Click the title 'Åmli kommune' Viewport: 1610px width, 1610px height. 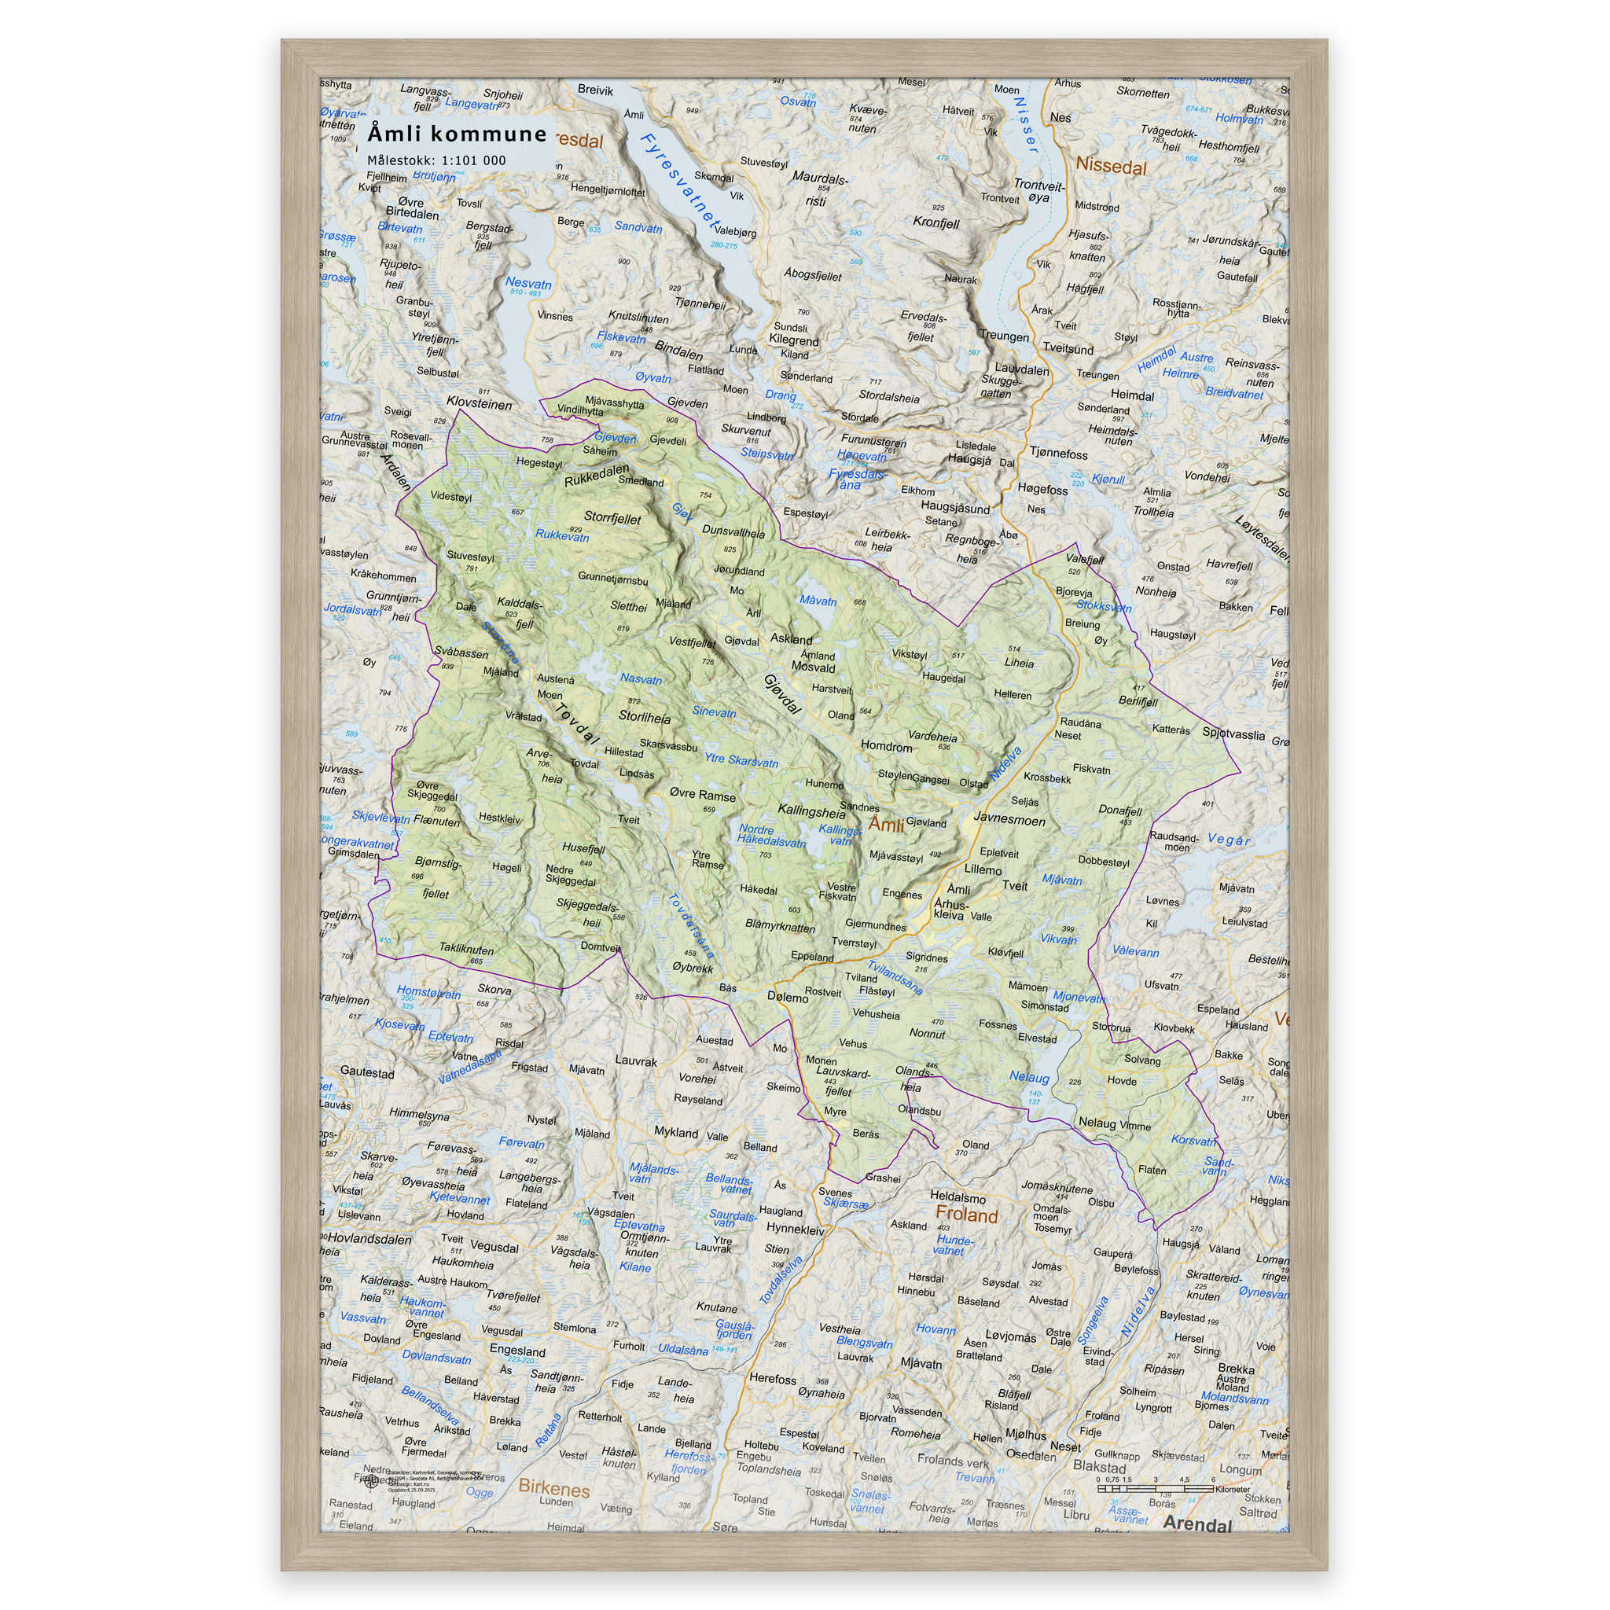457,134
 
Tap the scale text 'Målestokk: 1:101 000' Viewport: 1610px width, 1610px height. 436,160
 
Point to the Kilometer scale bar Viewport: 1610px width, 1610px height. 1155,1487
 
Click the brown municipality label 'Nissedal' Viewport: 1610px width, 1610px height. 1111,165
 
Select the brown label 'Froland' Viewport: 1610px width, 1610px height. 966,1215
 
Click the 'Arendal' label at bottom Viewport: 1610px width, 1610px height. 1196,1524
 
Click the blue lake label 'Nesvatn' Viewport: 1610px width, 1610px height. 527,283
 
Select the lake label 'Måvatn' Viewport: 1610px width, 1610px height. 818,601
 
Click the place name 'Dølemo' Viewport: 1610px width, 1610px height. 788,998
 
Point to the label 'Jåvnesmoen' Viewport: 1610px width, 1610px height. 1009,819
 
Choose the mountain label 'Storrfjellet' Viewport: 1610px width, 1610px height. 612,517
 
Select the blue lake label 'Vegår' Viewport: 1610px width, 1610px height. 1229,840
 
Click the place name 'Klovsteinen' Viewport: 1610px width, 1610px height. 480,403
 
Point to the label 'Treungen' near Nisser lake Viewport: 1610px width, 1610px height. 1004,336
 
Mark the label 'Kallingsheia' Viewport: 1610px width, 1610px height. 811,811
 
